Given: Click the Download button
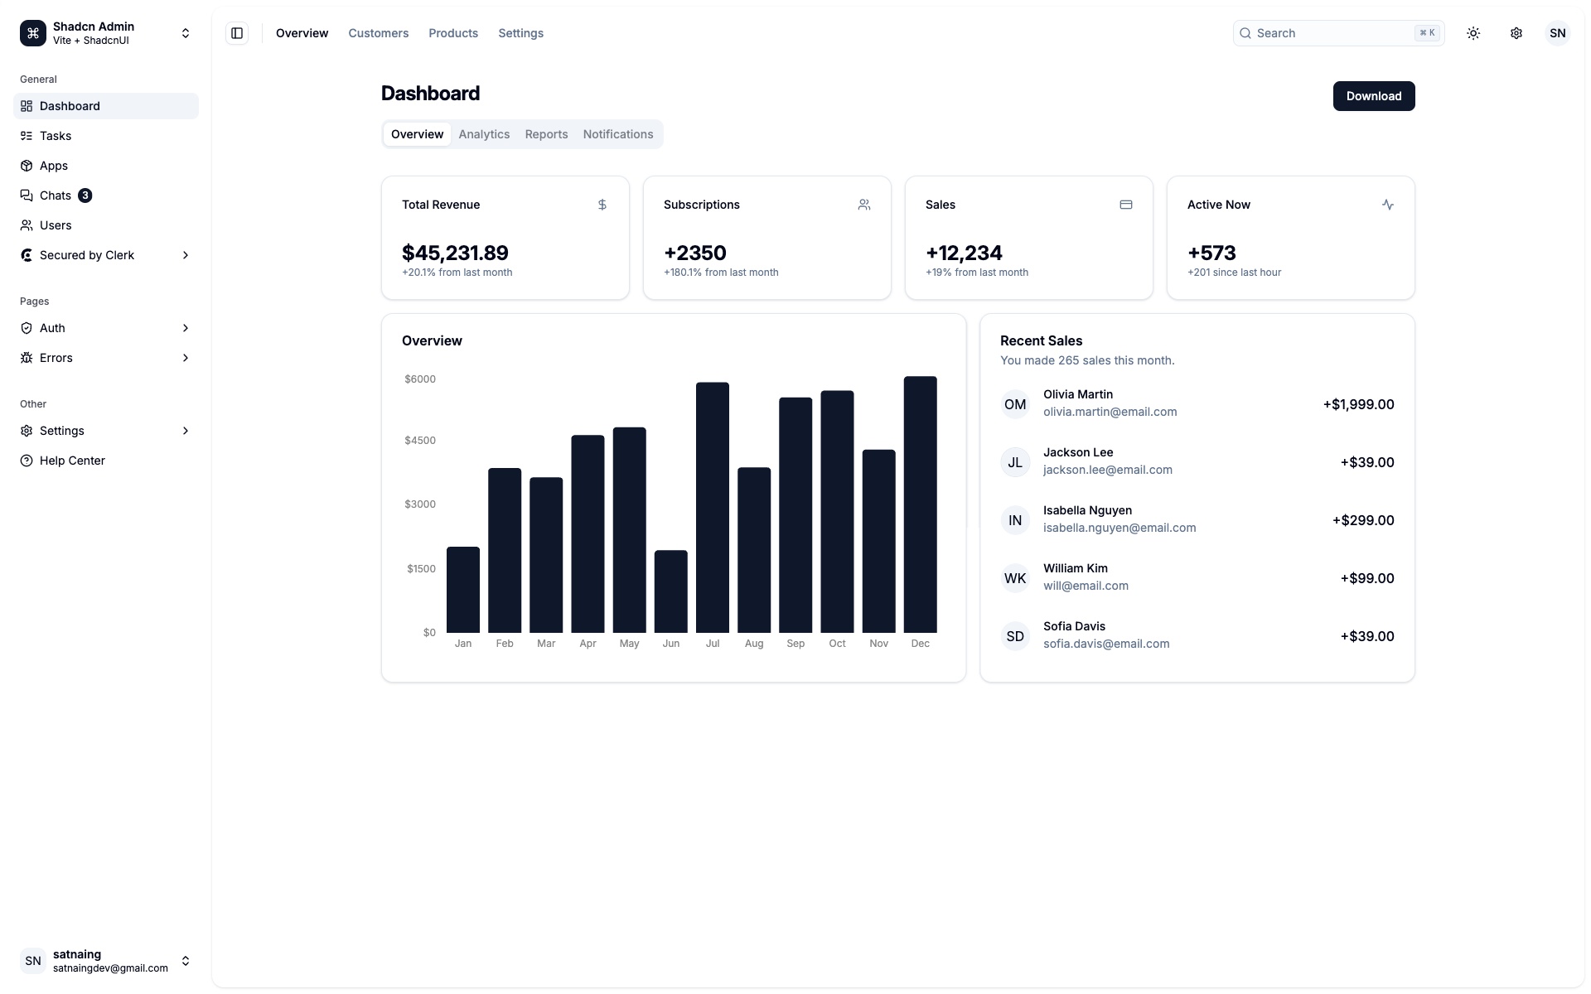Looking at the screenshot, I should point(1373,96).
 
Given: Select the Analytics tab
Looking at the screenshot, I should point(484,134).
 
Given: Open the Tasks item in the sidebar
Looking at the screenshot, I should point(56,136).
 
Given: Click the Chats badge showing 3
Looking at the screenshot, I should point(85,195).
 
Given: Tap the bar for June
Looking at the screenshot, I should point(670,591).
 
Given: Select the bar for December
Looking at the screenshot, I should point(920,505).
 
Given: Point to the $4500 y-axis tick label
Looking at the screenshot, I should point(420,441).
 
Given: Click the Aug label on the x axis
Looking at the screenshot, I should point(753,644).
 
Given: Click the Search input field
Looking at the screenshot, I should point(1334,33).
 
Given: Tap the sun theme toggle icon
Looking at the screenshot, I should point(1473,33).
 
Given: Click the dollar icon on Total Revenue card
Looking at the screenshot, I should point(602,205).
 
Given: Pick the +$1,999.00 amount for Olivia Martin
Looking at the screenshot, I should point(1358,404).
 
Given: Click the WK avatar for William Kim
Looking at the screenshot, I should point(1015,578).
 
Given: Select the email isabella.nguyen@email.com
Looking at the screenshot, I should point(1119,528).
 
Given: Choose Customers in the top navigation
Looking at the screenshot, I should point(378,33).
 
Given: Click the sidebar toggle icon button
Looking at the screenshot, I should point(237,33).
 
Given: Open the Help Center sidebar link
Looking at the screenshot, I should point(72,461).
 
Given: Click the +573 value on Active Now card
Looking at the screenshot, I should point(1211,253).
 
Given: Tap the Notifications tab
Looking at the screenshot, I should point(617,134).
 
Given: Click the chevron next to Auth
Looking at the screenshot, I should point(186,328).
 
